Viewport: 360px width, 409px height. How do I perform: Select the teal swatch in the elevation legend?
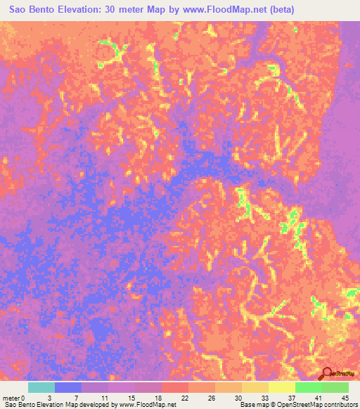(41, 387)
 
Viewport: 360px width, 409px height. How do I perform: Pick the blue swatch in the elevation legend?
(68, 387)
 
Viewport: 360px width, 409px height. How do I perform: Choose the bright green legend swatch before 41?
(308, 387)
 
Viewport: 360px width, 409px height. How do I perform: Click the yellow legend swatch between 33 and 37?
(281, 387)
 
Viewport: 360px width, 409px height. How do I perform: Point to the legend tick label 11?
(104, 397)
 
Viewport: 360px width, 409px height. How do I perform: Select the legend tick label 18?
(157, 397)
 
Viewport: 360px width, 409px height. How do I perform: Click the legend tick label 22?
(184, 397)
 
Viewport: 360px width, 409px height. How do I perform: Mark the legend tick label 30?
(238, 397)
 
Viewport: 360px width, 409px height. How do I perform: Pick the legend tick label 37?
(291, 397)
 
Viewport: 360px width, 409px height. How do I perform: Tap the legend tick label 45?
(345, 397)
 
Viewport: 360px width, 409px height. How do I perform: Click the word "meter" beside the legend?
(12, 397)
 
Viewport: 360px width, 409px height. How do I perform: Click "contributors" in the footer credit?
(339, 405)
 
